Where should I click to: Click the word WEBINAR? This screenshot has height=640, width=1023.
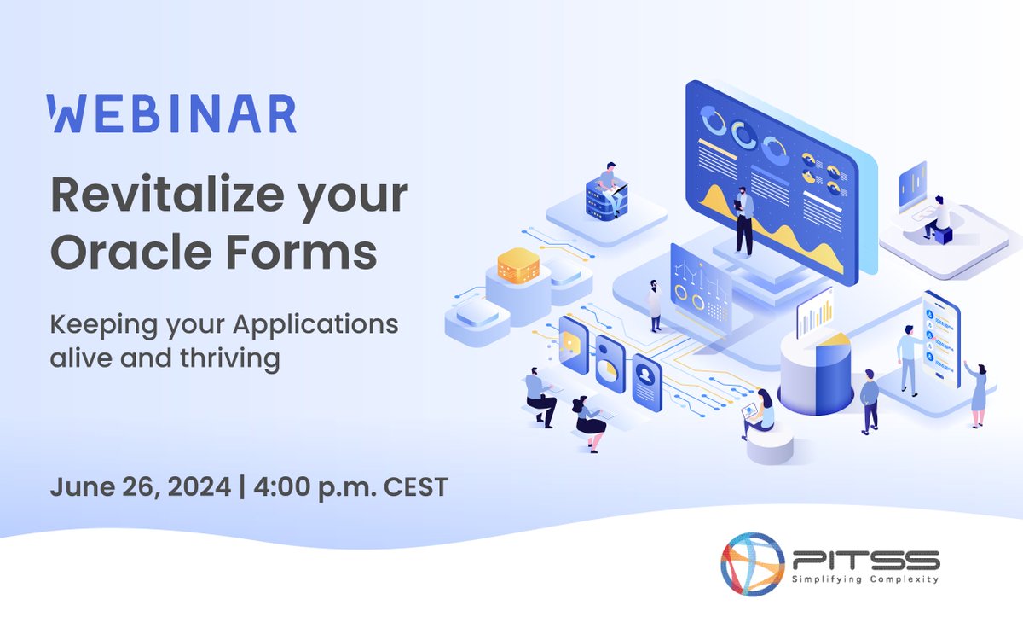[x=172, y=113]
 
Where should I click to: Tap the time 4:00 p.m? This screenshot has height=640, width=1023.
[x=311, y=487]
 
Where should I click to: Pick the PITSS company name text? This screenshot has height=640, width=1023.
[x=865, y=559]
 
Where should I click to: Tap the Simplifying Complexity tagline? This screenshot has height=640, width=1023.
[x=865, y=579]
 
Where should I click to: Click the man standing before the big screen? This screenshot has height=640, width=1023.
[x=743, y=220]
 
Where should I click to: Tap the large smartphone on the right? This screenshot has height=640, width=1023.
[x=940, y=337]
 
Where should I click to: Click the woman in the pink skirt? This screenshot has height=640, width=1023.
[x=977, y=393]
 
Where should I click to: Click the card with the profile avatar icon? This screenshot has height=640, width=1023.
[x=646, y=381]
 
